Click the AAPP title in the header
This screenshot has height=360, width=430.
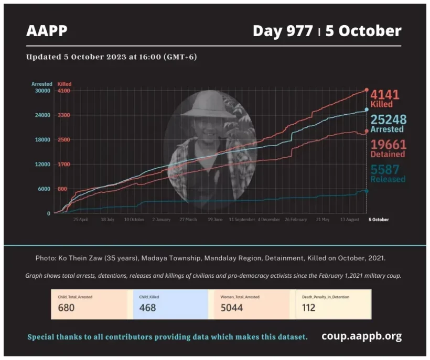coord(47,31)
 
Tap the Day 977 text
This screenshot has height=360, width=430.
coord(284,31)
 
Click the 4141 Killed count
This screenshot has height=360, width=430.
coord(385,95)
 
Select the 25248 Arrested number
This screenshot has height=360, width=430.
coord(389,120)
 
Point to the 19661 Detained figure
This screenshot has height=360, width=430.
coord(388,145)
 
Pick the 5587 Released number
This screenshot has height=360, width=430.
coord(385,169)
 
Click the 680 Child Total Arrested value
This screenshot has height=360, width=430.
coord(67,308)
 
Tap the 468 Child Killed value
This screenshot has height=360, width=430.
coord(148,308)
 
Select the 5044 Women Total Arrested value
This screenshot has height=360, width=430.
coord(232,308)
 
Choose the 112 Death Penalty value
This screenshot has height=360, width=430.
coord(309,308)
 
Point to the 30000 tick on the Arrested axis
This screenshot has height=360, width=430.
coord(41,91)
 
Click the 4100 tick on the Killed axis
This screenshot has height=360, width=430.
coord(64,91)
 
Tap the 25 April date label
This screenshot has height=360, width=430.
coord(80,220)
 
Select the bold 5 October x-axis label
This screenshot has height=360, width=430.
coord(378,220)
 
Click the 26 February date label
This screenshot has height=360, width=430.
coord(296,220)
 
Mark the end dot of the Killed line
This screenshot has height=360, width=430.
coord(366,90)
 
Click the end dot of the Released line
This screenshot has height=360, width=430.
coord(366,191)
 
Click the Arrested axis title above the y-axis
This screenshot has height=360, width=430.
coord(42,84)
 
